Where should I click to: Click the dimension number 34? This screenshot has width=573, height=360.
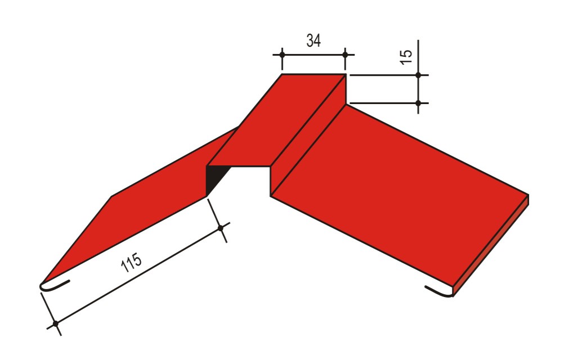pyautogui.click(x=314, y=40)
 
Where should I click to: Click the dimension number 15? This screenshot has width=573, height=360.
pyautogui.click(x=406, y=57)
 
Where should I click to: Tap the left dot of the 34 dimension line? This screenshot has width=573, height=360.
pyautogui.click(x=282, y=55)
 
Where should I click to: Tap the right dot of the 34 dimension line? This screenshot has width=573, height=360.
pyautogui.click(x=345, y=55)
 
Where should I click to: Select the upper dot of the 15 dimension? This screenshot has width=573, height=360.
pyautogui.click(x=418, y=75)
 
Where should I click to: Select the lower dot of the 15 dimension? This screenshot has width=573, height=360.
pyautogui.click(x=418, y=103)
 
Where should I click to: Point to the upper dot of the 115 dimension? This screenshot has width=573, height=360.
pyautogui.click(x=220, y=228)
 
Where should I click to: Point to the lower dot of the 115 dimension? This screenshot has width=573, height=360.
pyautogui.click(x=56, y=324)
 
